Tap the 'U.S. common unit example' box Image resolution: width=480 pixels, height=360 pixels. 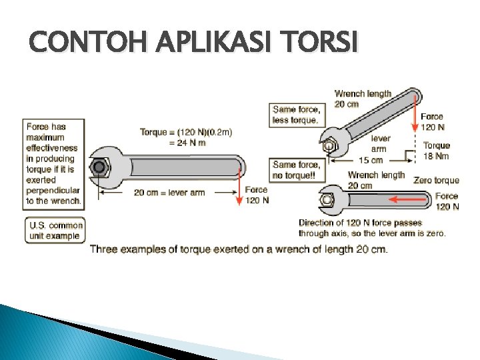55,230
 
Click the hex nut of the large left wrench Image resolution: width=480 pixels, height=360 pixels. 100,167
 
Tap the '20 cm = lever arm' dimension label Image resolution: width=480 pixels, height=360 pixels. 169,193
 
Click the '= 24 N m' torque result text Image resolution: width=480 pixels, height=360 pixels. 187,143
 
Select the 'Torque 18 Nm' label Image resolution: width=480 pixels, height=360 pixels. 437,151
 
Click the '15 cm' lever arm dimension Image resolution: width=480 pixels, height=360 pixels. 371,160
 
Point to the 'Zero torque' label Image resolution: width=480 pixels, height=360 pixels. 436,180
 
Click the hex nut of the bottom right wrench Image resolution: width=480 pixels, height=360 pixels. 327,199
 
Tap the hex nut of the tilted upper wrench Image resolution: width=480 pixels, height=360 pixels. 329,145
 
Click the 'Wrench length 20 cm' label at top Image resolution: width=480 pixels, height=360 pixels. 363,99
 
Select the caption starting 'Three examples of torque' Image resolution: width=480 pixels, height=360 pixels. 238,249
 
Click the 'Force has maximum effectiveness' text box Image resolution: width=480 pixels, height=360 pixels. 53,163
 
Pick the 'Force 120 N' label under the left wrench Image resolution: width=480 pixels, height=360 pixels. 257,195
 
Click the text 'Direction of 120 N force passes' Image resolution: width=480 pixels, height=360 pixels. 360,223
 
